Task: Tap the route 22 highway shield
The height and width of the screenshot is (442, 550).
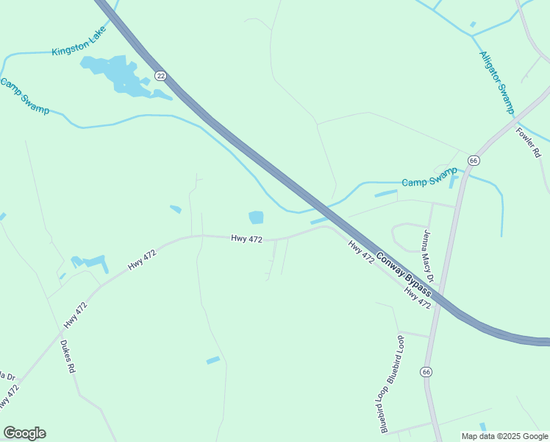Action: pos(161,75)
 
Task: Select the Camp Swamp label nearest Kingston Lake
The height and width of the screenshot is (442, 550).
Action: pos(24,96)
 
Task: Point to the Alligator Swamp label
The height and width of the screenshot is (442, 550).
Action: pos(497,82)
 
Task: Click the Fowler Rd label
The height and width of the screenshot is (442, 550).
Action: pos(529,143)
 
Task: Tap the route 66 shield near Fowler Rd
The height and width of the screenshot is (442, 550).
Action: pos(474,160)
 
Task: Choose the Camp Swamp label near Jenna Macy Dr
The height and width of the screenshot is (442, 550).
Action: pos(429,178)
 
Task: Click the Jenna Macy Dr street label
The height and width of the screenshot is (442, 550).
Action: pos(428,256)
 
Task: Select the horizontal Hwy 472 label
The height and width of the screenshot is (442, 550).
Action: pos(246,239)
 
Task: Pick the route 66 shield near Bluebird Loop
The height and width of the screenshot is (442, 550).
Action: pos(426,372)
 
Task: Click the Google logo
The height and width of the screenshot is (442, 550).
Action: pos(24,433)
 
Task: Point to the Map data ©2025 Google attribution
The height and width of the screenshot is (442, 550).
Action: pos(504,436)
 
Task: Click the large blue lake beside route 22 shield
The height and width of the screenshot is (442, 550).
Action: pos(118,74)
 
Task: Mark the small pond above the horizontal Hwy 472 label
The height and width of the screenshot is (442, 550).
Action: pos(256,217)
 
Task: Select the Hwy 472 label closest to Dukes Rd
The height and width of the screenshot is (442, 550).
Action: pos(75,315)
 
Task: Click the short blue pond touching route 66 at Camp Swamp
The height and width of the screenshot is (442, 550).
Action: pos(454,181)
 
